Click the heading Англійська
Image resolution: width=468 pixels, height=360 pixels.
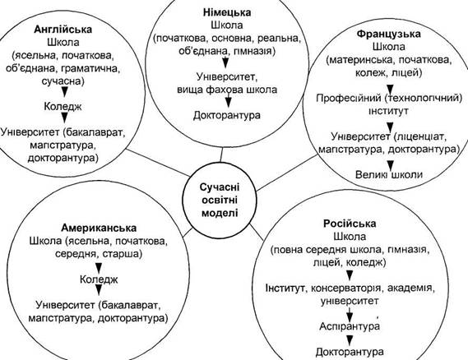(63, 30)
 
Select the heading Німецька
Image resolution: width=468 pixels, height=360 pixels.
(227, 12)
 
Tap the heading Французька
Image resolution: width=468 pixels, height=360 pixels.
(388, 34)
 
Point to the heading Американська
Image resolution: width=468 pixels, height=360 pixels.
(99, 228)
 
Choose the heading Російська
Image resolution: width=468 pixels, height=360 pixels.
(350, 224)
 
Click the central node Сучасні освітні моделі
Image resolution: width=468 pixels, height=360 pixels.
(220, 200)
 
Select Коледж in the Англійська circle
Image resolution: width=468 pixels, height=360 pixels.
(63, 107)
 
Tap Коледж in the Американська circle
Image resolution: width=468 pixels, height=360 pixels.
(99, 279)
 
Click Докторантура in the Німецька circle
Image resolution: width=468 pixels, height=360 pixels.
(227, 115)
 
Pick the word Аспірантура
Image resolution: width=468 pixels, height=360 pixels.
(350, 326)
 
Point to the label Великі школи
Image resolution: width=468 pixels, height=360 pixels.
(389, 174)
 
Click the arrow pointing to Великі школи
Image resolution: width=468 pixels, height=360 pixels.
(390, 164)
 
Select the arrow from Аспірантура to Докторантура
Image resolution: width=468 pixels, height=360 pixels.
(350, 339)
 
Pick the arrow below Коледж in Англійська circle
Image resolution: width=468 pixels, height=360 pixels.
(64, 118)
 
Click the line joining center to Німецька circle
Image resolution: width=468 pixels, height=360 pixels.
(221, 155)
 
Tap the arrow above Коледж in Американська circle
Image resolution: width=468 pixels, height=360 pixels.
(99, 268)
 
